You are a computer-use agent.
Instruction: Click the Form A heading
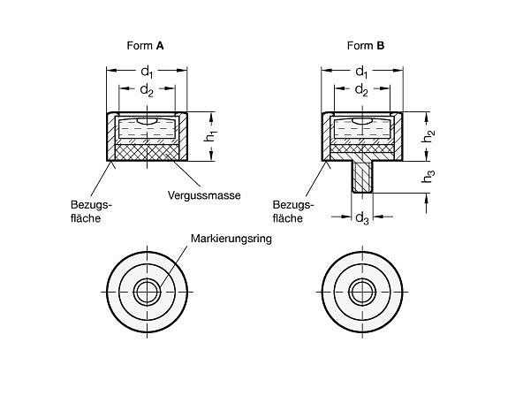(145, 45)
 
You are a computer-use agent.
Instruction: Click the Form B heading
(366, 45)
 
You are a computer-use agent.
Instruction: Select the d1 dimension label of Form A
(147, 72)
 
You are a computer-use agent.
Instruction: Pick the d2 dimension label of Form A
(147, 90)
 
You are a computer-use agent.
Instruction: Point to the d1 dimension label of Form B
(362, 72)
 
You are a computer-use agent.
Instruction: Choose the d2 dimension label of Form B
(362, 90)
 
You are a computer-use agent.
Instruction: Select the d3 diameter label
(362, 218)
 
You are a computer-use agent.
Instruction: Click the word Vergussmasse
(204, 195)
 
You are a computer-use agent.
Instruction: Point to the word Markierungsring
(231, 239)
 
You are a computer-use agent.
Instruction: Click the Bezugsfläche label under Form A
(91, 211)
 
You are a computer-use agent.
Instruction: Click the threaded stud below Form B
(362, 177)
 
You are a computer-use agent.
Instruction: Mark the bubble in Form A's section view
(147, 121)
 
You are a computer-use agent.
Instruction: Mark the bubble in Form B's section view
(362, 121)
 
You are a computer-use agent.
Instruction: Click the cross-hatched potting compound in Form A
(147, 153)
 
